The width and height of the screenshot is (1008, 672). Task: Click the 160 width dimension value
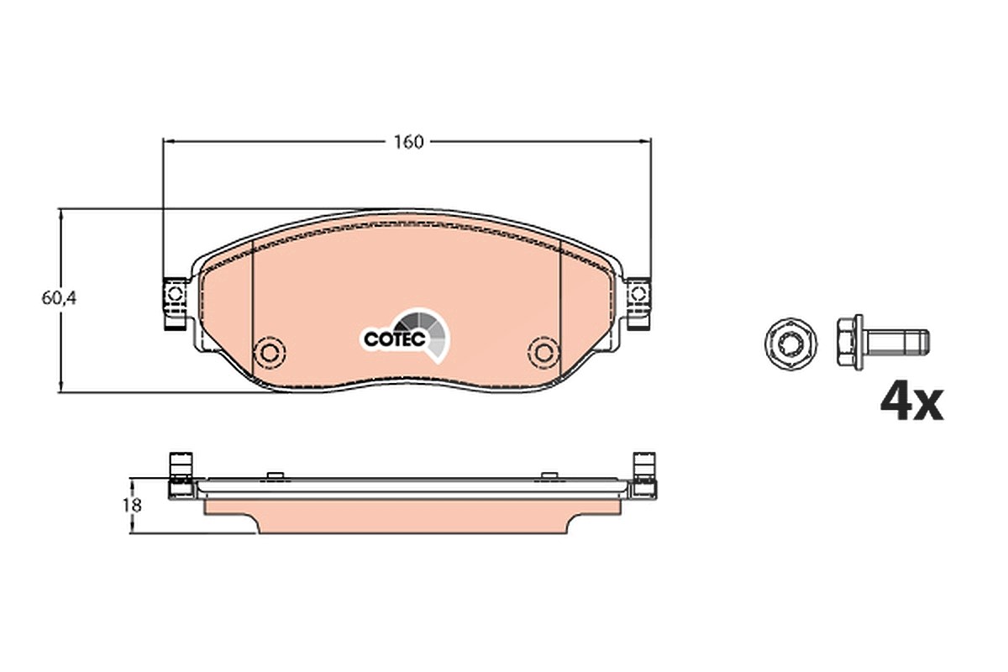[x=408, y=142]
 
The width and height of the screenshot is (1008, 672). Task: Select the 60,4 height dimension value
[x=59, y=298]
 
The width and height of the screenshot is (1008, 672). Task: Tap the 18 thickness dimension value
[x=133, y=505]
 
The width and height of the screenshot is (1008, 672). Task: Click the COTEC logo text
[x=395, y=339]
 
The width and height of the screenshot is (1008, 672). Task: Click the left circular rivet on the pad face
[x=270, y=351]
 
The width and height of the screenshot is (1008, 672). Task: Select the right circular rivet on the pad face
[x=544, y=352]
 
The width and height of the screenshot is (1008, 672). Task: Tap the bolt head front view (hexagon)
[x=790, y=344]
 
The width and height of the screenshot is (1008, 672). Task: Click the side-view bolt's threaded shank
[x=895, y=342]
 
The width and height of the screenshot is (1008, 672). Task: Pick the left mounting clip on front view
[x=176, y=304]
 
